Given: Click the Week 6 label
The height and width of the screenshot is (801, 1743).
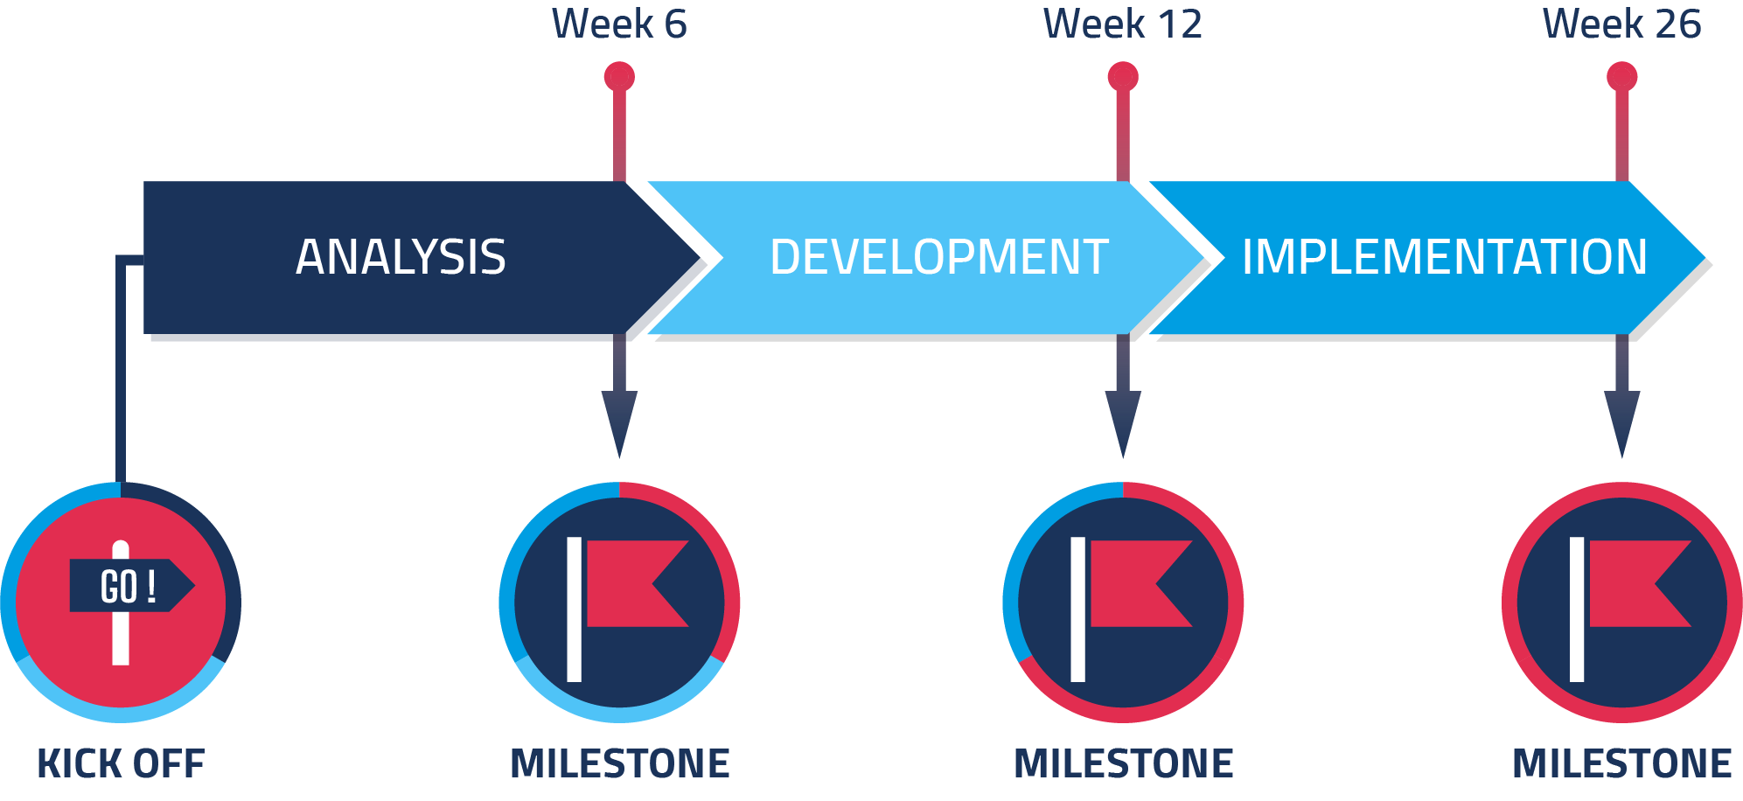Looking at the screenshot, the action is (619, 24).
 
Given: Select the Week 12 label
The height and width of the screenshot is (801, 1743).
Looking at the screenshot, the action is (1123, 24).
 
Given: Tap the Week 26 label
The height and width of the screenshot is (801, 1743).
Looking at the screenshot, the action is (1621, 24).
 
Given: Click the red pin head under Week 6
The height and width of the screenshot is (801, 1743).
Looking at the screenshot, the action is (619, 77).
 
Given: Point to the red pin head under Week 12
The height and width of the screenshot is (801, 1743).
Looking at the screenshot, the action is (1123, 77).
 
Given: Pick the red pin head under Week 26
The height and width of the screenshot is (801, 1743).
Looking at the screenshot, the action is (1622, 77).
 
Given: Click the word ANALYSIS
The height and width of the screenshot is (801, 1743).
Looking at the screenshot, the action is (401, 257).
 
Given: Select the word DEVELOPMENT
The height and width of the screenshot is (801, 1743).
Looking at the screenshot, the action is (939, 257).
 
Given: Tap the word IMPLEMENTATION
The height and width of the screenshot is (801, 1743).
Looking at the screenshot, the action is (1445, 257).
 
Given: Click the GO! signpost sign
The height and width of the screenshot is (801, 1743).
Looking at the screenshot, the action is (132, 586).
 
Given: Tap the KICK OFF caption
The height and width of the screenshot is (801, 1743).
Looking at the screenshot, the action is (121, 763).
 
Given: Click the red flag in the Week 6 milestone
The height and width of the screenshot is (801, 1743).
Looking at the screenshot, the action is (638, 583).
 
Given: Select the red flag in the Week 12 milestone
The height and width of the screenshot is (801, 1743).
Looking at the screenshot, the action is (1141, 583).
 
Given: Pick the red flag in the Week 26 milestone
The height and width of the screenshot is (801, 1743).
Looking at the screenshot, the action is (1640, 583).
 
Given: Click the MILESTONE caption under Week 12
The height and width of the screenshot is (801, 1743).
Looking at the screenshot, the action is (1123, 763).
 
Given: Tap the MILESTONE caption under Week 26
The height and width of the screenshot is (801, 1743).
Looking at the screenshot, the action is (1622, 763).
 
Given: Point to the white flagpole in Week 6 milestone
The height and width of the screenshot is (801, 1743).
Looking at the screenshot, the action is (574, 609).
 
